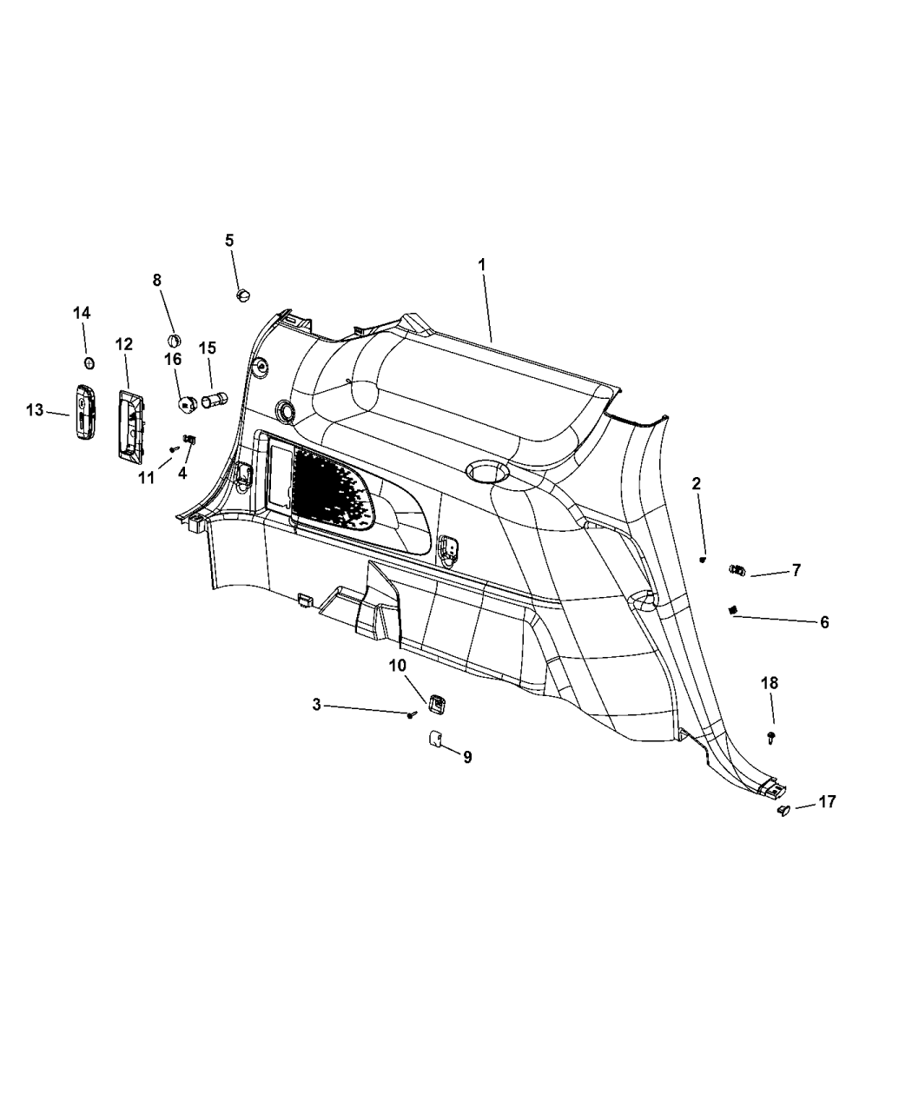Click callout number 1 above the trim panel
(482, 264)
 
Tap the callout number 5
(228, 241)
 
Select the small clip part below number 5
(243, 295)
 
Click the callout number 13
(35, 410)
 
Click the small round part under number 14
(89, 363)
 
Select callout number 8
(156, 280)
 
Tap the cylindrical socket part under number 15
(215, 398)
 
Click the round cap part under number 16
(187, 404)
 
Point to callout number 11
(146, 478)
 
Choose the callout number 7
(796, 570)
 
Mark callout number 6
(824, 622)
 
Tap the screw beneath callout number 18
(771, 737)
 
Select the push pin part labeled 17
(783, 826)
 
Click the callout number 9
(467, 757)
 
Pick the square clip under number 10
(436, 704)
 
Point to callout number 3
(316, 705)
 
